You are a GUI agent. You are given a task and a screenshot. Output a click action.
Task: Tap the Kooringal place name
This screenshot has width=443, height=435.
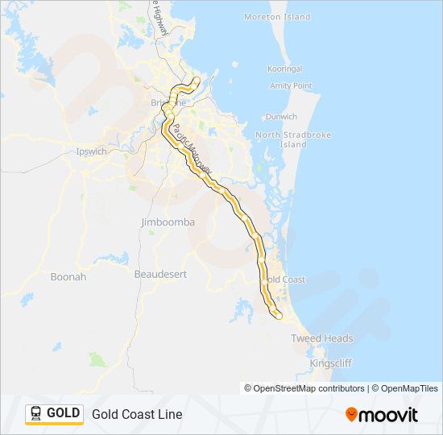tap(286, 69)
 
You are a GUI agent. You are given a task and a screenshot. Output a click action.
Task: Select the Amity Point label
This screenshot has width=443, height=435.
tap(291, 85)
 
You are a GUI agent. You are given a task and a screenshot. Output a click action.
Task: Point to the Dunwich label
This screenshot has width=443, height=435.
tap(281, 116)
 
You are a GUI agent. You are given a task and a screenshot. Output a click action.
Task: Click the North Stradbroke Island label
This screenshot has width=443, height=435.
tap(281, 139)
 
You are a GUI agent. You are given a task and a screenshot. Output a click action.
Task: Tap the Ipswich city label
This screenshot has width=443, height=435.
tap(90, 151)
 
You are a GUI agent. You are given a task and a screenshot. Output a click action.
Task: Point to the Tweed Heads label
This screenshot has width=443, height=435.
tap(322, 338)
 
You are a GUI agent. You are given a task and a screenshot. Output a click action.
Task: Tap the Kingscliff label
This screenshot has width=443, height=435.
tap(331, 364)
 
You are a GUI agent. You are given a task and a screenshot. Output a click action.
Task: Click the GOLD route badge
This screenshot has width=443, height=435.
tap(54, 414)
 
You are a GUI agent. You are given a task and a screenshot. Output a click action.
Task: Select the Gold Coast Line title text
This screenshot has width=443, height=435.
tap(137, 414)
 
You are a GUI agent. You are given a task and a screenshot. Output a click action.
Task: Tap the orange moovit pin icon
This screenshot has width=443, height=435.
tap(351, 415)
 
